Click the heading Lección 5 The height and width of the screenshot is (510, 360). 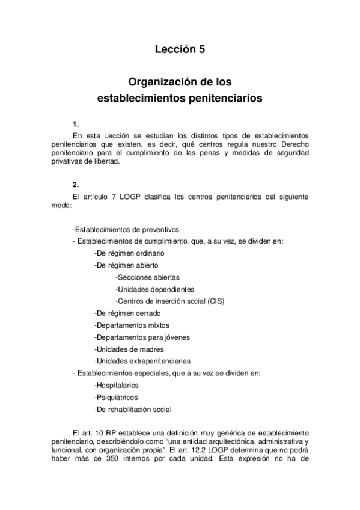point(180,51)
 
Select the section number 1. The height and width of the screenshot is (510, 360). point(75,124)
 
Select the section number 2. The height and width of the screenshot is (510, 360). point(75,185)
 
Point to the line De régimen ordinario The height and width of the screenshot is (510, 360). point(129,253)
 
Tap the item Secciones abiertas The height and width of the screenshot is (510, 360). point(147,277)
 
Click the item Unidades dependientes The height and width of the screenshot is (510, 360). point(154,289)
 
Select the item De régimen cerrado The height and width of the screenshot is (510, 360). point(127,313)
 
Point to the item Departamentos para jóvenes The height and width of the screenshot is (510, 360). point(142,337)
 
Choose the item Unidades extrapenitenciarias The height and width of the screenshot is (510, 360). point(142,361)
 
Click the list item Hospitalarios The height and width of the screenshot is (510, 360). point(117,385)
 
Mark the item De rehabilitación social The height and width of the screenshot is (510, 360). point(133,409)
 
